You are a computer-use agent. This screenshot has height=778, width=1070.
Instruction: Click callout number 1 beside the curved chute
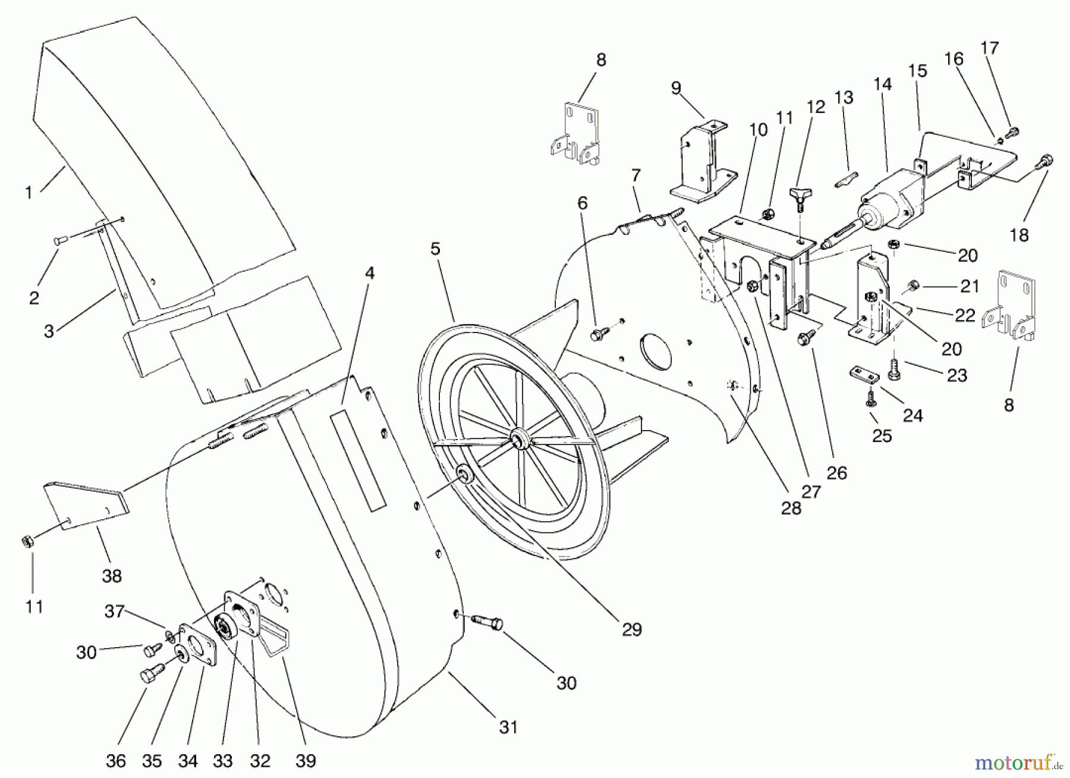[28, 192]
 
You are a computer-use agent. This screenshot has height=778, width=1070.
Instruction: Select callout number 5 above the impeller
[436, 249]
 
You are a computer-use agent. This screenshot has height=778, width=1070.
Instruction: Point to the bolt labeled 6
[596, 335]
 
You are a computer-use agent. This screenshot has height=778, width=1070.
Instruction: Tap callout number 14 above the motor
[883, 84]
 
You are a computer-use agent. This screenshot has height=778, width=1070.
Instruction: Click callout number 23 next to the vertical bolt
[957, 375]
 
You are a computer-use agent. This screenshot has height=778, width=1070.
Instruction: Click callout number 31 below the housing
[508, 727]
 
